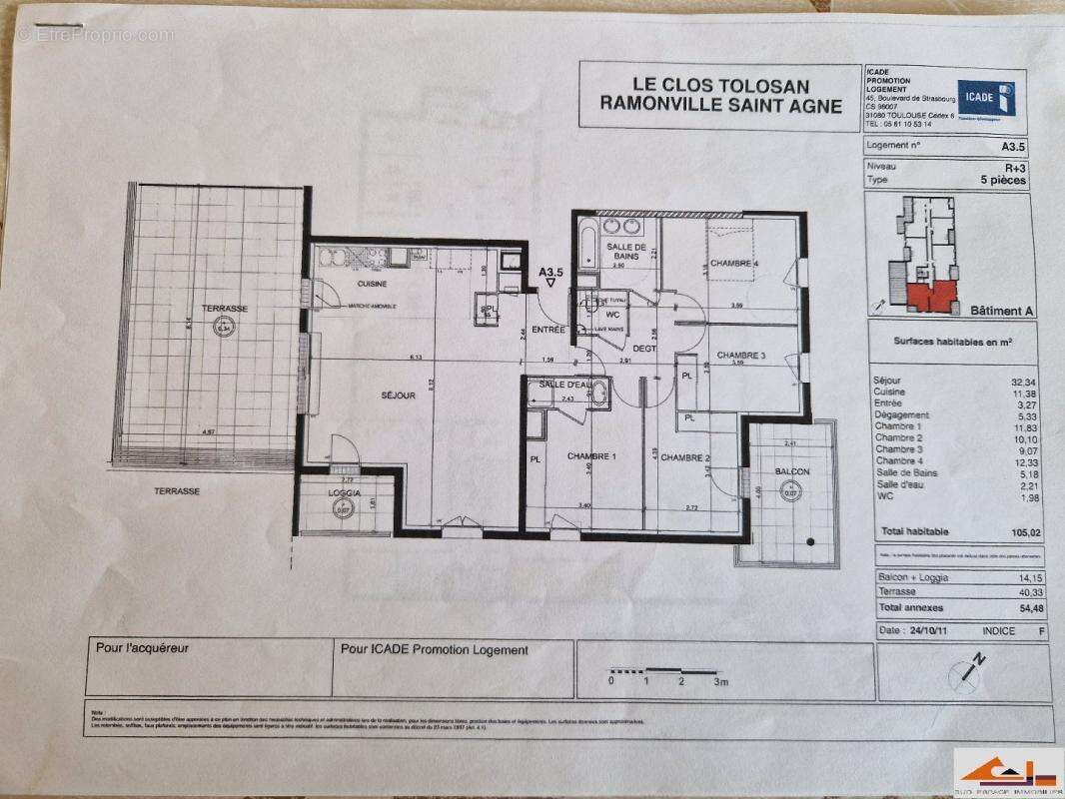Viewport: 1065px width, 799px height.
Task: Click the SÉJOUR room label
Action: coord(398,397)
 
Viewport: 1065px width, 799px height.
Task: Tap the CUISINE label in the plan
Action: coord(345,284)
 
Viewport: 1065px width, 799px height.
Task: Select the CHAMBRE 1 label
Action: coord(591,457)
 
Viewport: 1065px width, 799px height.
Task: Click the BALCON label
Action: coord(791,471)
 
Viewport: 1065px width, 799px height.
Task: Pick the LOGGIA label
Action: coord(346,493)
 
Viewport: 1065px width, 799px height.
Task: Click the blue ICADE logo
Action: coord(987,97)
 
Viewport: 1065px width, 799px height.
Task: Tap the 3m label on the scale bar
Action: coord(721,682)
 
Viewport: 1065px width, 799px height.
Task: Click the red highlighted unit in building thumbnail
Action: coord(930,296)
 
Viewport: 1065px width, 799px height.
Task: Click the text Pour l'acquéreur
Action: coord(142,648)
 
